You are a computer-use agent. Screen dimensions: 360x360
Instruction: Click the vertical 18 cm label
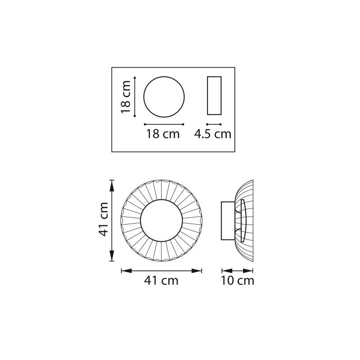[x=126, y=97]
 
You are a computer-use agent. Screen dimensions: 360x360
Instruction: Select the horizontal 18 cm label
[x=163, y=134]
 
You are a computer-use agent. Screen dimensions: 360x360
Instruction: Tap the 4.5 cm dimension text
[x=212, y=134]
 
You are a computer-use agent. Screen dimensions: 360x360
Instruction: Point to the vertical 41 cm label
[x=103, y=219]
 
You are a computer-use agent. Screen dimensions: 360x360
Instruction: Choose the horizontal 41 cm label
[x=161, y=280]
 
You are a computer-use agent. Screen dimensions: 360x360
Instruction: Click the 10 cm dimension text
[x=238, y=280]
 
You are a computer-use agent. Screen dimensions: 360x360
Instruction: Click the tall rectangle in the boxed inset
[x=207, y=95]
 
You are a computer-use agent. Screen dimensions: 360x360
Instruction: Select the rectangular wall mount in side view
[x=221, y=221]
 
